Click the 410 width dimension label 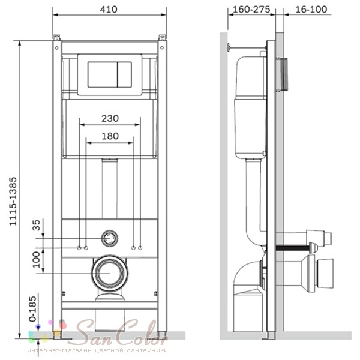point(109,10)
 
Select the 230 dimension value point(110,118)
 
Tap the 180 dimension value point(110,136)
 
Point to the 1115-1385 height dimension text point(13,202)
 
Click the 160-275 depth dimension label point(251,10)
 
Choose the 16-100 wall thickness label point(311,10)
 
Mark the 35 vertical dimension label point(36,225)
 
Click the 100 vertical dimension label point(36,259)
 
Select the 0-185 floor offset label point(32,309)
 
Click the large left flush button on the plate point(103,74)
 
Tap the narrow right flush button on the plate point(125,74)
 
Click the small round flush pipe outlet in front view point(110,238)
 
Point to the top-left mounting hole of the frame point(57,48)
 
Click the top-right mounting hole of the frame point(162,48)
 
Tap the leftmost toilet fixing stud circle point(79,248)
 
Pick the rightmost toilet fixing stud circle point(140,248)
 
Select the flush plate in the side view point(282,74)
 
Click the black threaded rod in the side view point(292,248)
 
